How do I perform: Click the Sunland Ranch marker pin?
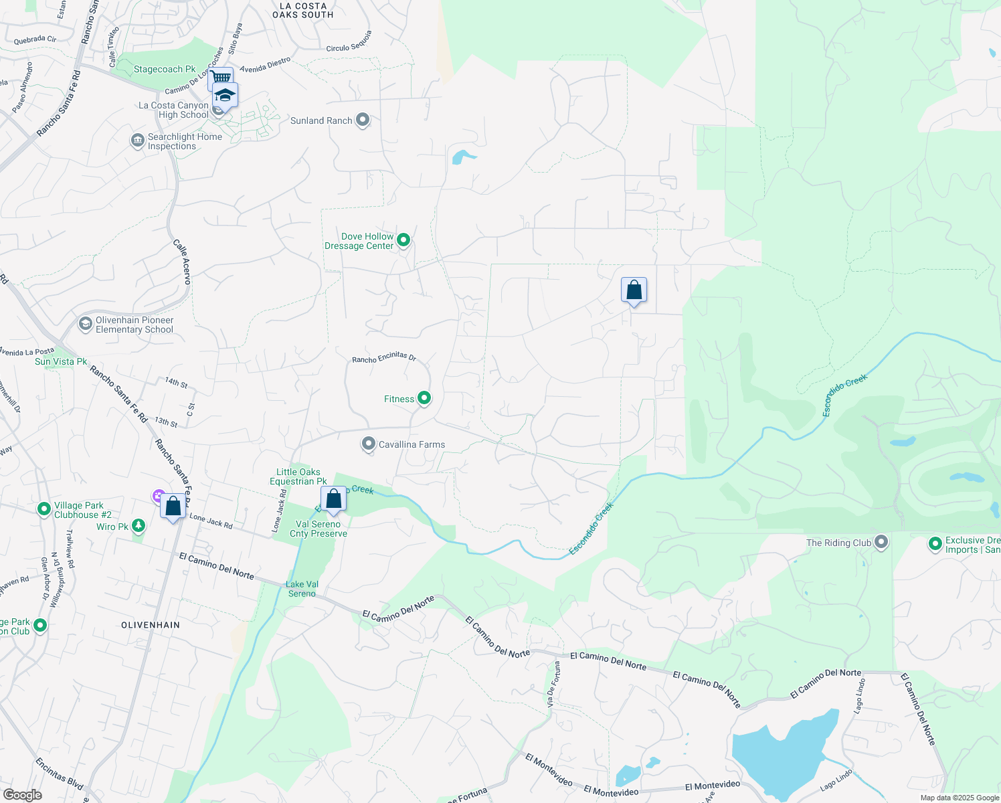pyautogui.click(x=363, y=120)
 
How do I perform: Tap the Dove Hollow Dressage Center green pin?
pyautogui.click(x=403, y=240)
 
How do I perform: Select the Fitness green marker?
pyautogui.click(x=424, y=398)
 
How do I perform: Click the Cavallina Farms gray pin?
pyautogui.click(x=369, y=444)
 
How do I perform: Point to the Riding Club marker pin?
pyautogui.click(x=881, y=542)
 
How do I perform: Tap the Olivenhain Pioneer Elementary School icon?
pyautogui.click(x=85, y=325)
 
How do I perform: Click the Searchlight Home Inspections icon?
pyautogui.click(x=137, y=141)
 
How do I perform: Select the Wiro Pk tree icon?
pyautogui.click(x=139, y=526)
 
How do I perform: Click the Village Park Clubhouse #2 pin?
pyautogui.click(x=43, y=509)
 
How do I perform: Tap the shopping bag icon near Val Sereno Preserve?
pyautogui.click(x=333, y=499)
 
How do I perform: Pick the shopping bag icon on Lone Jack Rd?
pyautogui.click(x=173, y=507)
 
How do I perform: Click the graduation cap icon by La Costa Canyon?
pyautogui.click(x=225, y=96)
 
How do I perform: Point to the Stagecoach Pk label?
pyautogui.click(x=165, y=70)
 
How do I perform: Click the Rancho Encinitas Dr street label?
pyautogui.click(x=384, y=358)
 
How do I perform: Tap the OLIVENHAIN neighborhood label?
pyautogui.click(x=151, y=625)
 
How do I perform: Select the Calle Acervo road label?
pyautogui.click(x=182, y=262)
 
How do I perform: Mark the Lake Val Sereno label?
pyautogui.click(x=302, y=589)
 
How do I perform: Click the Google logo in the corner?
pyautogui.click(x=22, y=795)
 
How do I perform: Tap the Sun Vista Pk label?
pyautogui.click(x=61, y=362)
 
